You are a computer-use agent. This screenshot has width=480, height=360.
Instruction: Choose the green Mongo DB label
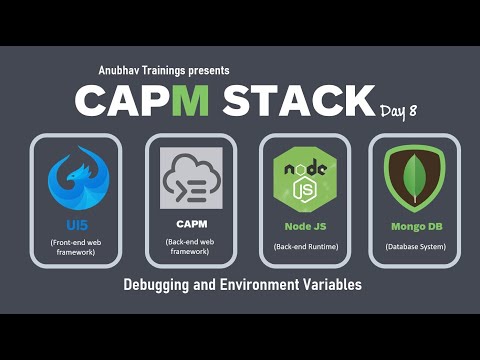point(414,226)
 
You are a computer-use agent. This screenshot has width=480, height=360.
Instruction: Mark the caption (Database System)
point(414,244)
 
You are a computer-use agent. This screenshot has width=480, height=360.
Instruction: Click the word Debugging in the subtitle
point(158,285)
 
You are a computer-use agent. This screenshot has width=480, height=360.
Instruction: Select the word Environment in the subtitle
point(264,285)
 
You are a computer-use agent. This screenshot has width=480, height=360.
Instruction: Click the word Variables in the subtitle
point(335,285)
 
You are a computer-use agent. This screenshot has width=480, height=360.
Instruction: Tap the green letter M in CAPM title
point(197,101)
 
